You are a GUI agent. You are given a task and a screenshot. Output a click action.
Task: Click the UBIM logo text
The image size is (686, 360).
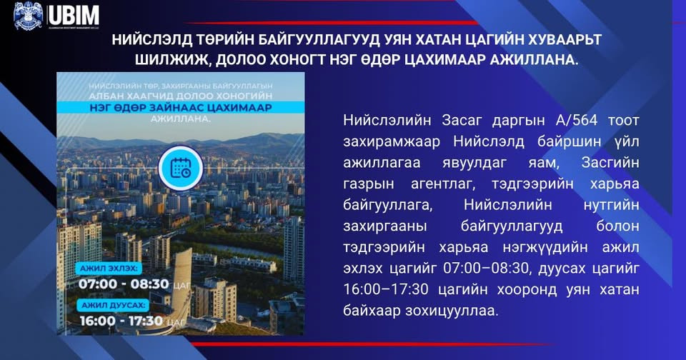[x=74, y=15]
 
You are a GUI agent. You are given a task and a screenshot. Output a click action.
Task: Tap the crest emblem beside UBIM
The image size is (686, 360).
[x=29, y=16]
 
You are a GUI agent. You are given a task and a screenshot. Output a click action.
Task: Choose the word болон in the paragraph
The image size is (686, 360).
[x=612, y=226]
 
